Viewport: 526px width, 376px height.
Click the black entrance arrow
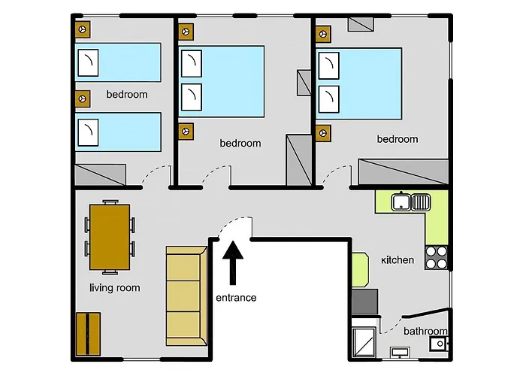click(233, 262)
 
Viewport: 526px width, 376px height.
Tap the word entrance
click(236, 298)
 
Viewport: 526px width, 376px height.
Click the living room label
click(115, 288)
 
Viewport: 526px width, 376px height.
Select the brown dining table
click(110, 237)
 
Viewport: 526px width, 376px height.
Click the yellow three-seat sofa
click(186, 296)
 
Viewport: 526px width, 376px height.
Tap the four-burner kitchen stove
click(437, 257)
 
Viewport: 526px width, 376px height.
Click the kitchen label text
click(398, 260)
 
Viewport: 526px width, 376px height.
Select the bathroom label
click(425, 332)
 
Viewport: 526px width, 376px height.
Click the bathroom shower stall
click(364, 342)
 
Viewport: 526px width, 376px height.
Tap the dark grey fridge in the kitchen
click(364, 302)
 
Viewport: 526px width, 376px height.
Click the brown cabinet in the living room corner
click(88, 334)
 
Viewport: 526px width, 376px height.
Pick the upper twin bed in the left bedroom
click(118, 62)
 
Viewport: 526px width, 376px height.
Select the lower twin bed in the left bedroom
click(118, 132)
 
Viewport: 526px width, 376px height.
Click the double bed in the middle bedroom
click(222, 81)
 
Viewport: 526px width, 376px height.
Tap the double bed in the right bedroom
click(359, 83)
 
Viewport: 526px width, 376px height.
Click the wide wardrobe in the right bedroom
click(404, 172)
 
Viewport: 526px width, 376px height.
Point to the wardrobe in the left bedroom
click(100, 174)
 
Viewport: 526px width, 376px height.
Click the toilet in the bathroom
click(439, 344)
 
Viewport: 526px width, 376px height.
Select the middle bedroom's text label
click(240, 144)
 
